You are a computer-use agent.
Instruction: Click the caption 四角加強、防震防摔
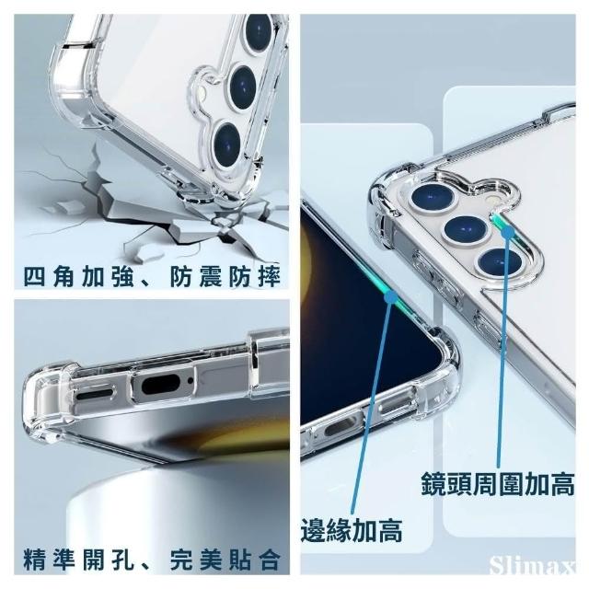[x=152, y=276]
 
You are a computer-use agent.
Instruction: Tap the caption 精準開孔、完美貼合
[x=152, y=560]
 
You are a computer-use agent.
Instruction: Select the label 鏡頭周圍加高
[x=498, y=484]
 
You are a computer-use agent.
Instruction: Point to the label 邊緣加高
[x=352, y=530]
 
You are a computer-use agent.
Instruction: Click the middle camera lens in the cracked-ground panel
[x=243, y=88]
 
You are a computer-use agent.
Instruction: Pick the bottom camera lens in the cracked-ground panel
[x=227, y=144]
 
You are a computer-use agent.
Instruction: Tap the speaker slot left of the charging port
[x=94, y=394]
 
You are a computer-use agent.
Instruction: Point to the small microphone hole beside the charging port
[x=191, y=380]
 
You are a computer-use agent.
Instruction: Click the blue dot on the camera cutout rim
[x=508, y=233]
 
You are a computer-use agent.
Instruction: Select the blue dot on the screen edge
[x=390, y=297]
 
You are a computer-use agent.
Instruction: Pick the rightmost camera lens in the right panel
[x=500, y=261]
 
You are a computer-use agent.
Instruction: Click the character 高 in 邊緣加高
[x=390, y=530]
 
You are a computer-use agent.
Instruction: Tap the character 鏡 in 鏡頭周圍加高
[x=433, y=484]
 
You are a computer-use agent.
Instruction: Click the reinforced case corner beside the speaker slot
[x=47, y=398]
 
